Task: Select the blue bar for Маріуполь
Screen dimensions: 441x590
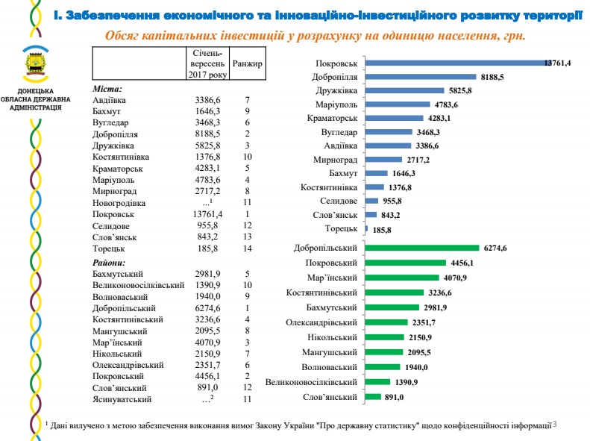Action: (398, 104)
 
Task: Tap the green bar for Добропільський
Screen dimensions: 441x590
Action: (422, 248)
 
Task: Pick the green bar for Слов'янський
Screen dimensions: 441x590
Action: (374, 397)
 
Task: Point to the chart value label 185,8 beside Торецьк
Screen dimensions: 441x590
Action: (382, 230)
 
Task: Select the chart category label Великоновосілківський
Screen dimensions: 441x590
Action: (311, 382)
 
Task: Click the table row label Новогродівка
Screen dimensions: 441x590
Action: (119, 203)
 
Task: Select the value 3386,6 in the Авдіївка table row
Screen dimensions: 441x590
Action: (205, 99)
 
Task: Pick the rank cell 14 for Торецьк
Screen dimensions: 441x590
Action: (247, 247)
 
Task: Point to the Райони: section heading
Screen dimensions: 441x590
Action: (110, 263)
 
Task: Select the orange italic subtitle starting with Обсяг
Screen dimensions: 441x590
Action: (316, 35)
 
